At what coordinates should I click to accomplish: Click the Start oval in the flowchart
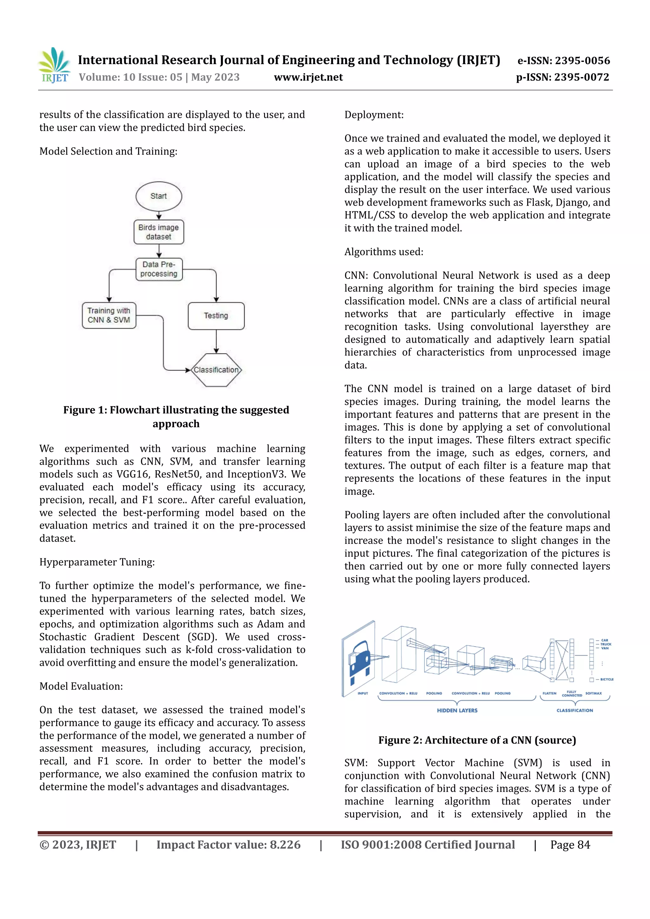tap(158, 196)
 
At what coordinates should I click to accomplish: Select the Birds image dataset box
tap(158, 232)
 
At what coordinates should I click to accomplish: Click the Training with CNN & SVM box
tap(109, 315)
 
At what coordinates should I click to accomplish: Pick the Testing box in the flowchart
tap(216, 316)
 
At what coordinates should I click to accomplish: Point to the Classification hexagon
tap(216, 370)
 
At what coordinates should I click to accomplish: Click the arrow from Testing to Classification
tap(216, 341)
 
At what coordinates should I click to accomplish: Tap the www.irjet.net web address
tap(308, 77)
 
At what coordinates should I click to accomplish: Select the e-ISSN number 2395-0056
tap(582, 61)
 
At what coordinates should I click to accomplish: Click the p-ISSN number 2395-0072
tap(581, 77)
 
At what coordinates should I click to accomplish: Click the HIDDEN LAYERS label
tap(457, 710)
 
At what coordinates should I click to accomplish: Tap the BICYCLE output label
tap(607, 679)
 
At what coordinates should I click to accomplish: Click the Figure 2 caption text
tap(477, 740)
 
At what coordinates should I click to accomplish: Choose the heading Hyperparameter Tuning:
tap(97, 562)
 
